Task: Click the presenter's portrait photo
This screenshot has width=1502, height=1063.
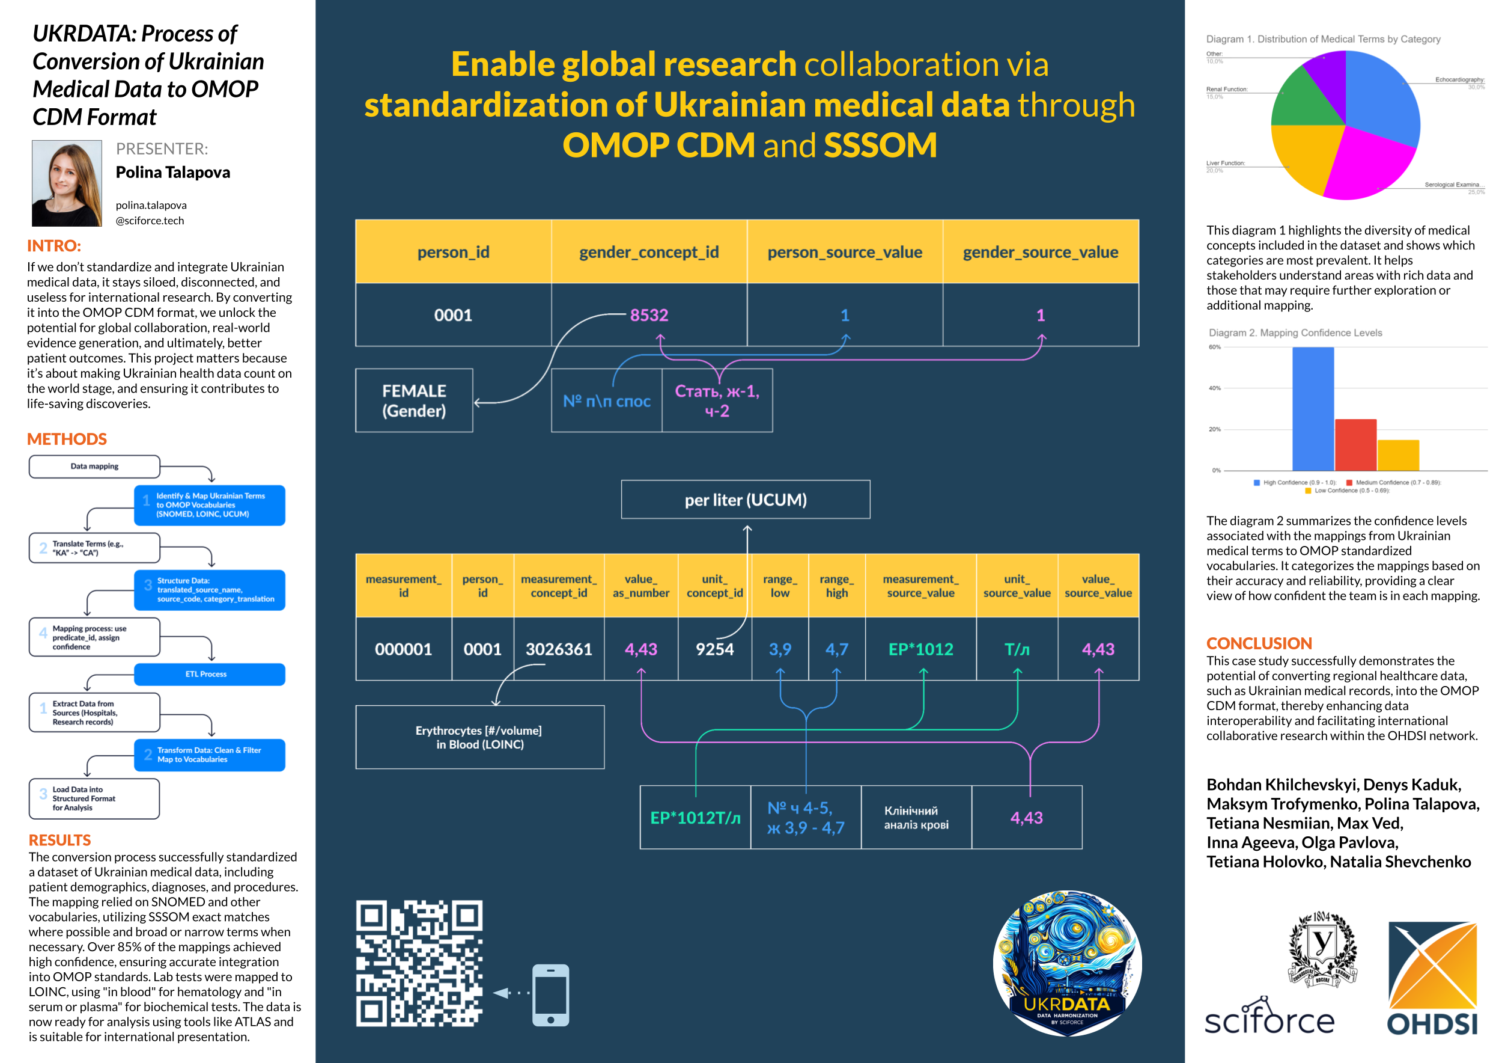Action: tap(67, 183)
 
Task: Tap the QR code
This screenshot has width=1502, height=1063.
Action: tap(419, 963)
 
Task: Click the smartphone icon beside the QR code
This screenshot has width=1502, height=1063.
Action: tap(551, 994)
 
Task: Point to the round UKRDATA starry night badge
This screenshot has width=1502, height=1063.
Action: tap(1067, 963)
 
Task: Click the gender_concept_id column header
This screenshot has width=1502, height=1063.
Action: tap(649, 252)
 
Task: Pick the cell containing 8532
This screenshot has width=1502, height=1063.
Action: tap(649, 315)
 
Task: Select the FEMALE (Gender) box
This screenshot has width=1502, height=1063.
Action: tap(414, 400)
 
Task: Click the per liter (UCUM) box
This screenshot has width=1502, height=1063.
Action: tap(746, 500)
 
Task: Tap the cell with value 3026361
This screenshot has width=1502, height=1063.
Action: tap(559, 649)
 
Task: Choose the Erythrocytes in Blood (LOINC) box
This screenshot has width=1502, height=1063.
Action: tap(479, 737)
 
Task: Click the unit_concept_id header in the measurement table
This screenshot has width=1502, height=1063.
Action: tap(714, 586)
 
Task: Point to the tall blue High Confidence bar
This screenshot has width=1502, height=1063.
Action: tap(1313, 409)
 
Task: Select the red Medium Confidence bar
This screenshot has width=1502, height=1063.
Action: tap(1355, 445)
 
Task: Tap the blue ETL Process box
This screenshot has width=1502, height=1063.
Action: tap(209, 674)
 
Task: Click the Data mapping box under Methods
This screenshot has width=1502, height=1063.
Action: tap(95, 467)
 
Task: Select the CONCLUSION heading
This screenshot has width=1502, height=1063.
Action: tap(1259, 643)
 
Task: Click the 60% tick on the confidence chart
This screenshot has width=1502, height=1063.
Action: tap(1215, 347)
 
